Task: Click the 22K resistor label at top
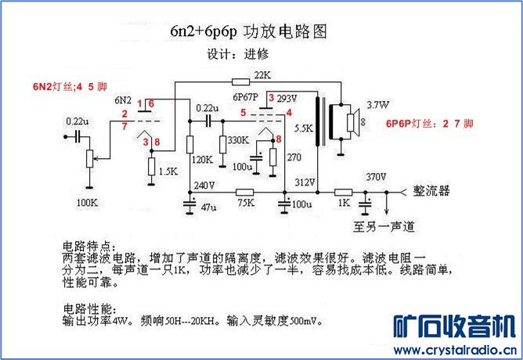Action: tap(261, 75)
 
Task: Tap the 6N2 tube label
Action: tap(123, 100)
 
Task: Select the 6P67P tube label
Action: tap(246, 99)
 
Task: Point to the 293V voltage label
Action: tap(287, 99)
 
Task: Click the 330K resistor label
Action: tap(237, 140)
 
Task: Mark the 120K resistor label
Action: tap(201, 160)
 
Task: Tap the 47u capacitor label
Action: tap(208, 209)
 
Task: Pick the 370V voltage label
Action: tap(377, 177)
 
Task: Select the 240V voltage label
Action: tap(204, 185)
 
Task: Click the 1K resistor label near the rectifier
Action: tap(344, 203)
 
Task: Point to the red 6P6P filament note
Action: tap(429, 124)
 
